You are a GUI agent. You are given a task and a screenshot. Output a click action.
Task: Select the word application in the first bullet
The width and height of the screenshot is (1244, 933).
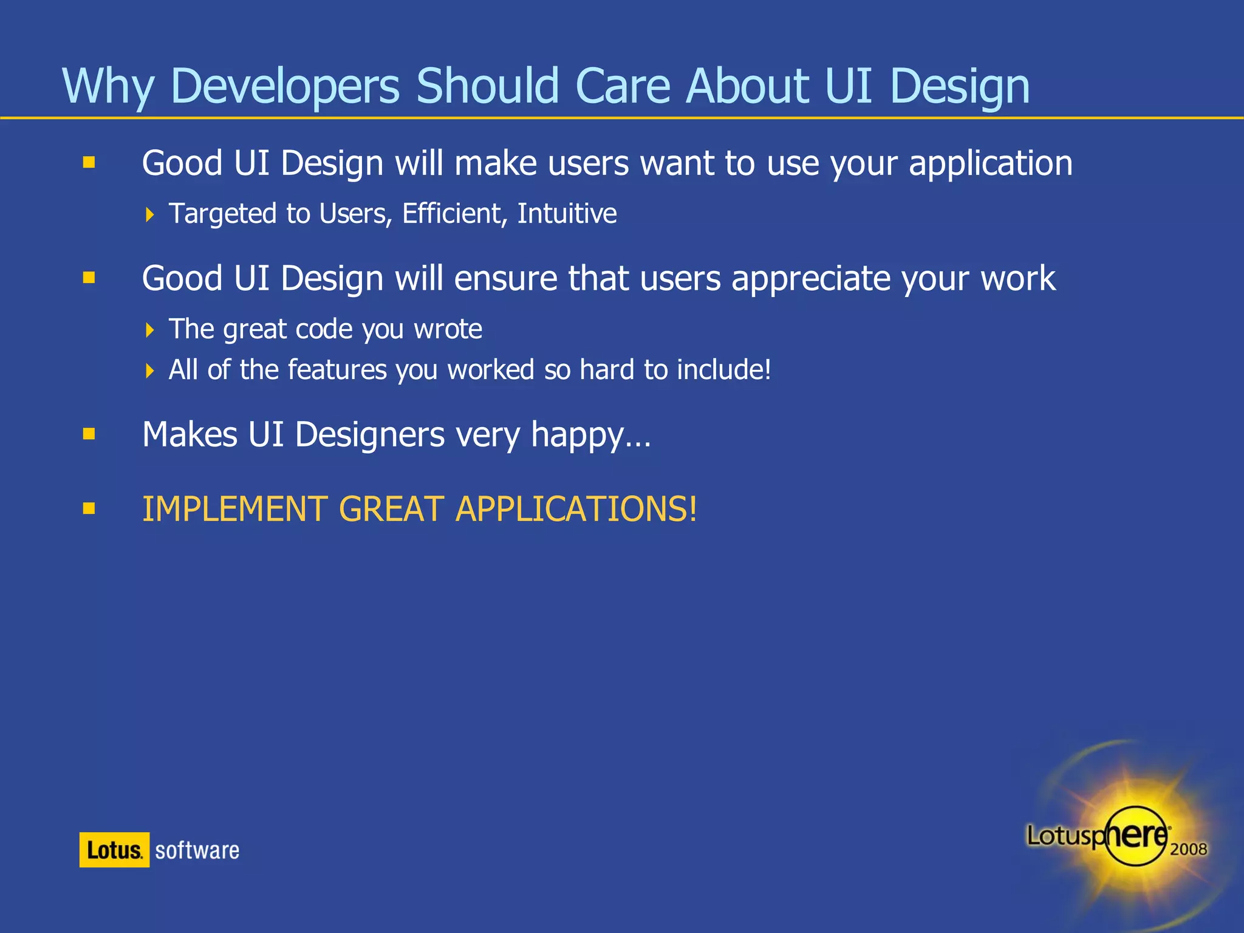pos(990,164)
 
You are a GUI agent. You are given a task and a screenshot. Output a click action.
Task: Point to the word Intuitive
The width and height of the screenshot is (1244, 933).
pos(567,214)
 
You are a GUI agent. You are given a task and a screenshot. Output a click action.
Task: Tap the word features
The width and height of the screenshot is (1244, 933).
pos(337,370)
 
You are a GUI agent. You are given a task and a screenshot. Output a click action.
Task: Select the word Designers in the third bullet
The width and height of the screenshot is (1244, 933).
pos(370,435)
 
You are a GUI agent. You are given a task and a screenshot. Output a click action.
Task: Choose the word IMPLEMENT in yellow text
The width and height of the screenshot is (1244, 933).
pos(234,509)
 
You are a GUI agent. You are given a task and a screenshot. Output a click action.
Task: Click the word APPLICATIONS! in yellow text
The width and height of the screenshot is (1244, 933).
pos(576,509)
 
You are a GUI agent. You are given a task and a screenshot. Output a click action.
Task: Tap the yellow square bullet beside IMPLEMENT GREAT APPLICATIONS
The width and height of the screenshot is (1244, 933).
pos(89,508)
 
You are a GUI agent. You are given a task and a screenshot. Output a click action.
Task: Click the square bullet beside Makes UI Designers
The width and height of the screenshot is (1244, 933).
pos(89,434)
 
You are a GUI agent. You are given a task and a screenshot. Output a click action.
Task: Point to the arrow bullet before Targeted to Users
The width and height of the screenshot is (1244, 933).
pos(150,214)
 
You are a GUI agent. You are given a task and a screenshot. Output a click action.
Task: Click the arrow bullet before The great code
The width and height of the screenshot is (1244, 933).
pos(150,330)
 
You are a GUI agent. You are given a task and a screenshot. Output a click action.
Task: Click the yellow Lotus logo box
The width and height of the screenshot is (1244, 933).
pos(114,850)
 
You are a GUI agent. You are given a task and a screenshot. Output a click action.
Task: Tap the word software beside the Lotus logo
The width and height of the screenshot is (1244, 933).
pos(197,850)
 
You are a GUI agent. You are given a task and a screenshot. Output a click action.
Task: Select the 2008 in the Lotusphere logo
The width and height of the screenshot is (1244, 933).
pos(1188,849)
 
